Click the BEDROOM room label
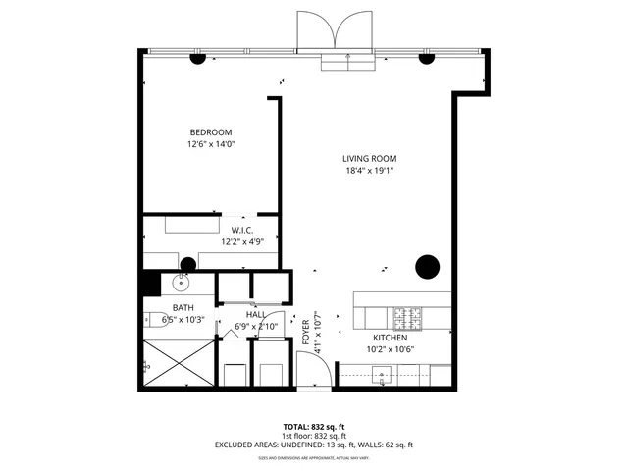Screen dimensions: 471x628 point(211,132)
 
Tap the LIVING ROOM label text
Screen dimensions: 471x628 point(369,158)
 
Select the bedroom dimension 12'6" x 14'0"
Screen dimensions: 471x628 point(211,144)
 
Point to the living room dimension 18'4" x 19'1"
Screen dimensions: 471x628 point(369,170)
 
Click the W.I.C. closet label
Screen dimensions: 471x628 point(242,230)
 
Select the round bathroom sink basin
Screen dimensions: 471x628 point(181,284)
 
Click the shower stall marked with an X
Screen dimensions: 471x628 point(179,363)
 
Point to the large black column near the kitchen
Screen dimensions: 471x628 point(427,266)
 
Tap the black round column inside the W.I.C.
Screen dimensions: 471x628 point(187,263)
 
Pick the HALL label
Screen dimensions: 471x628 point(256,315)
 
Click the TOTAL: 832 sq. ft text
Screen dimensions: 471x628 point(314,427)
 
